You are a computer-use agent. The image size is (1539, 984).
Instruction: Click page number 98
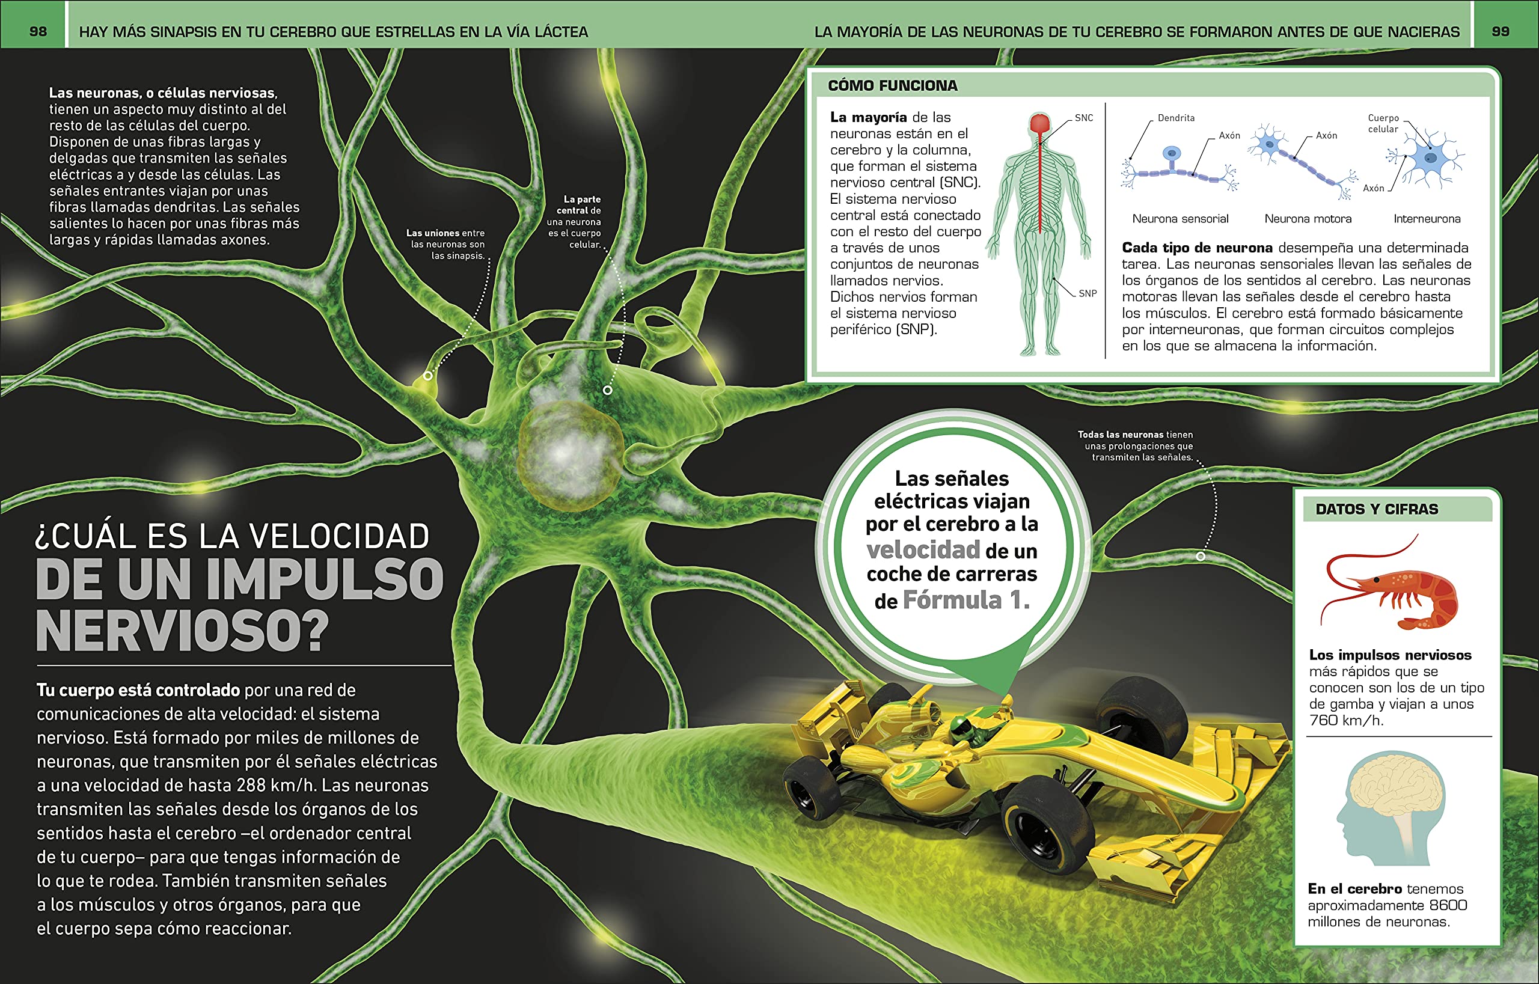point(38,31)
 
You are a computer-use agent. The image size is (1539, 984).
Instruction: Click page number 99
point(1500,31)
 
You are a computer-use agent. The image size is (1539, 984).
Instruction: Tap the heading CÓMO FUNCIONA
point(892,85)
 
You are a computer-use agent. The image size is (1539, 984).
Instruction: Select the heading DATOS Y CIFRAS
point(1377,509)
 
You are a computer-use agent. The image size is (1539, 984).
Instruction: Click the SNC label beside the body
point(1084,118)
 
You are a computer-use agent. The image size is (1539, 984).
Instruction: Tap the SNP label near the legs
point(1087,293)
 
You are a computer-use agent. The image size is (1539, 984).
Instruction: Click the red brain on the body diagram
point(1041,123)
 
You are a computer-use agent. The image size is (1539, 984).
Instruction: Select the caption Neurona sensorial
point(1180,219)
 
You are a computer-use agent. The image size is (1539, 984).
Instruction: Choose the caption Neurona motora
point(1308,219)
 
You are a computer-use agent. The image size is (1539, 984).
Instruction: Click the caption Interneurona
point(1427,219)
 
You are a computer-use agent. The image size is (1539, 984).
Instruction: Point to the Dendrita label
point(1176,118)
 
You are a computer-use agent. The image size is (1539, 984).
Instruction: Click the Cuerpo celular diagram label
point(1383,123)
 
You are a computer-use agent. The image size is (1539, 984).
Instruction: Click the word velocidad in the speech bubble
point(923,549)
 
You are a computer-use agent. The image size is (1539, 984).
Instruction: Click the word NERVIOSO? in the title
point(182,631)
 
